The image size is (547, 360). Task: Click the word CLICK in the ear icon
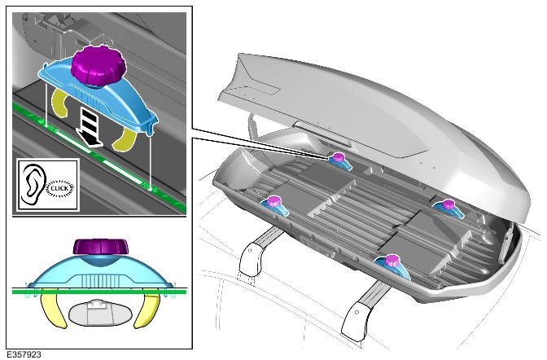click(59, 188)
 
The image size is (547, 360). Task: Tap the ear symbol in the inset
click(34, 184)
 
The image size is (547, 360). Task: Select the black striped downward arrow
click(89, 126)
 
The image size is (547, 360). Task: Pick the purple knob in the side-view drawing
click(101, 247)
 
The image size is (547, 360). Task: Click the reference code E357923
click(24, 354)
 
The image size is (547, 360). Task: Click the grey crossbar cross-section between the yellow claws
click(101, 312)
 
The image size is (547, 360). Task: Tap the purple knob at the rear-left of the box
click(338, 157)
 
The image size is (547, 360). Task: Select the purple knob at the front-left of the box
click(273, 201)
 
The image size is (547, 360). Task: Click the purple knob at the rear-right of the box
click(448, 204)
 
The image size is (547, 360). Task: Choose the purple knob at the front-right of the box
click(392, 260)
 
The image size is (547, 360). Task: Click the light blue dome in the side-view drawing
click(101, 271)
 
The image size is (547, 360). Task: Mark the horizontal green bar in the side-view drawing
click(99, 292)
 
